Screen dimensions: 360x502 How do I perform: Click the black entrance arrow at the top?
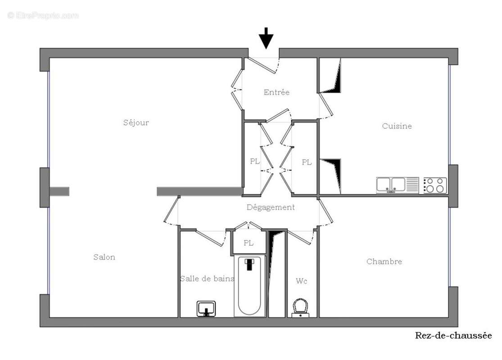click(267, 38)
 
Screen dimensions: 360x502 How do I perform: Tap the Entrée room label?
click(276, 92)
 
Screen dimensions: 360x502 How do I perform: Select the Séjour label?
click(136, 122)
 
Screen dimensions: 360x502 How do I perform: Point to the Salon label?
click(104, 257)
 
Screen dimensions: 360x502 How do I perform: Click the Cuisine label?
click(397, 126)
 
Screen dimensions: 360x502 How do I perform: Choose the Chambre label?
click(384, 261)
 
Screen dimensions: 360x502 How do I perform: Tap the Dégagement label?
click(271, 207)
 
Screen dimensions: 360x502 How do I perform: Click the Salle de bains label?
click(207, 279)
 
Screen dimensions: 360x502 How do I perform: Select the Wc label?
click(302, 281)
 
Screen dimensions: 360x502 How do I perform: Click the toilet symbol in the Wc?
click(300, 308)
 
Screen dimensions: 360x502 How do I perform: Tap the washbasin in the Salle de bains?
click(207, 308)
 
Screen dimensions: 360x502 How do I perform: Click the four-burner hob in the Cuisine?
click(434, 185)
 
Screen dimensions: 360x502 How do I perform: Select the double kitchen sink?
click(391, 185)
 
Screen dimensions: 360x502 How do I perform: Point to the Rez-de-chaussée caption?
click(453, 335)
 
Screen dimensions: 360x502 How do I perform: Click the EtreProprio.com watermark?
click(43, 15)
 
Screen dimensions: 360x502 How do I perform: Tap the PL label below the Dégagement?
click(249, 243)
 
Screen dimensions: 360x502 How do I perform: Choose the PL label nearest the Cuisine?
click(307, 162)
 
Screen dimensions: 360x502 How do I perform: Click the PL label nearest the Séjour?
click(255, 162)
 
